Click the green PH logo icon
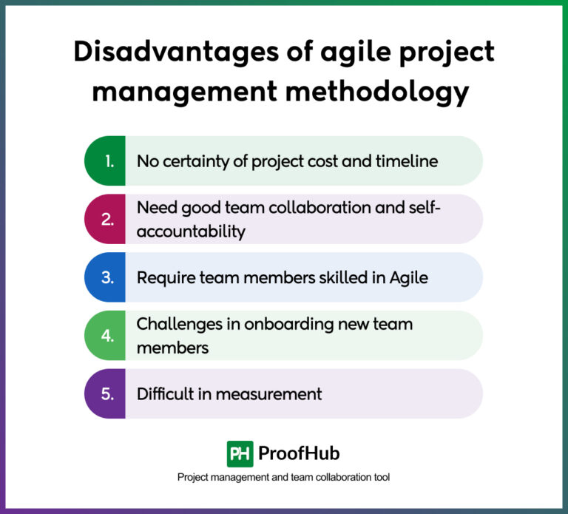click(240, 453)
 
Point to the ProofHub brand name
click(299, 453)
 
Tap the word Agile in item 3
click(407, 277)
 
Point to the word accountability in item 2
click(191, 231)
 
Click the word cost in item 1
click(336, 160)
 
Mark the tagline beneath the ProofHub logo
click(283, 478)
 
